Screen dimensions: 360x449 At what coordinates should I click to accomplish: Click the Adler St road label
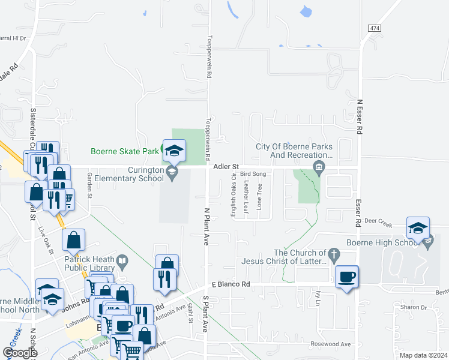click(228, 166)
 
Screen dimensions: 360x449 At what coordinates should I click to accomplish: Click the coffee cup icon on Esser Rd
click(347, 277)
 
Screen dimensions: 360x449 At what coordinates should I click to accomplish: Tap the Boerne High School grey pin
click(427, 243)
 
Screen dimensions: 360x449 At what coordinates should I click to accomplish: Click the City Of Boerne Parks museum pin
click(319, 166)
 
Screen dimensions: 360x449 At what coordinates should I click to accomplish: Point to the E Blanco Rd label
click(231, 284)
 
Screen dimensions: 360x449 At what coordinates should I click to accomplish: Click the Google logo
click(19, 353)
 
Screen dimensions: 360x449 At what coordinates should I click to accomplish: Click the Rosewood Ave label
click(330, 344)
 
